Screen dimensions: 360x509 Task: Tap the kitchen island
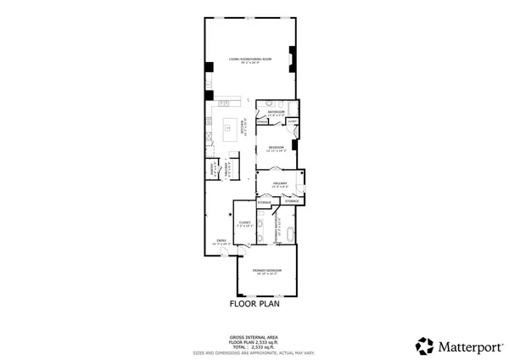[x=230, y=130]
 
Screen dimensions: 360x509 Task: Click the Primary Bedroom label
[x=266, y=271]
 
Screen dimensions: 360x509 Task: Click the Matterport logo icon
[x=424, y=346]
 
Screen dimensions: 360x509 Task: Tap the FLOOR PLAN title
[x=255, y=302]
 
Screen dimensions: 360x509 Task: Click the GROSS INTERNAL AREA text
[x=255, y=336]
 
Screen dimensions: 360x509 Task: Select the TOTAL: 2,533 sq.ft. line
[x=255, y=346]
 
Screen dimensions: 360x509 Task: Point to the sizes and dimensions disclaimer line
[x=255, y=352]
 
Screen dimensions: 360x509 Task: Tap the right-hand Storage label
[x=291, y=201]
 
